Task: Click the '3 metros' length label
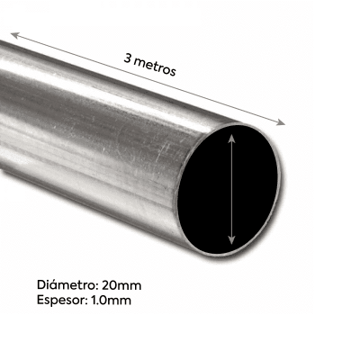click(150, 64)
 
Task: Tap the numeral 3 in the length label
click(128, 56)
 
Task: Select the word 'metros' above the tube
click(156, 66)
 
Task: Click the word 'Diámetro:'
click(70, 285)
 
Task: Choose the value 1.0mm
click(112, 301)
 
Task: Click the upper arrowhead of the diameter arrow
click(232, 136)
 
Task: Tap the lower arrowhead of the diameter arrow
click(232, 240)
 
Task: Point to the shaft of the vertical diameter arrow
click(232, 189)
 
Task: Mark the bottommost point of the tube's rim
click(225, 255)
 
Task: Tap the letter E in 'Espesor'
click(43, 301)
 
